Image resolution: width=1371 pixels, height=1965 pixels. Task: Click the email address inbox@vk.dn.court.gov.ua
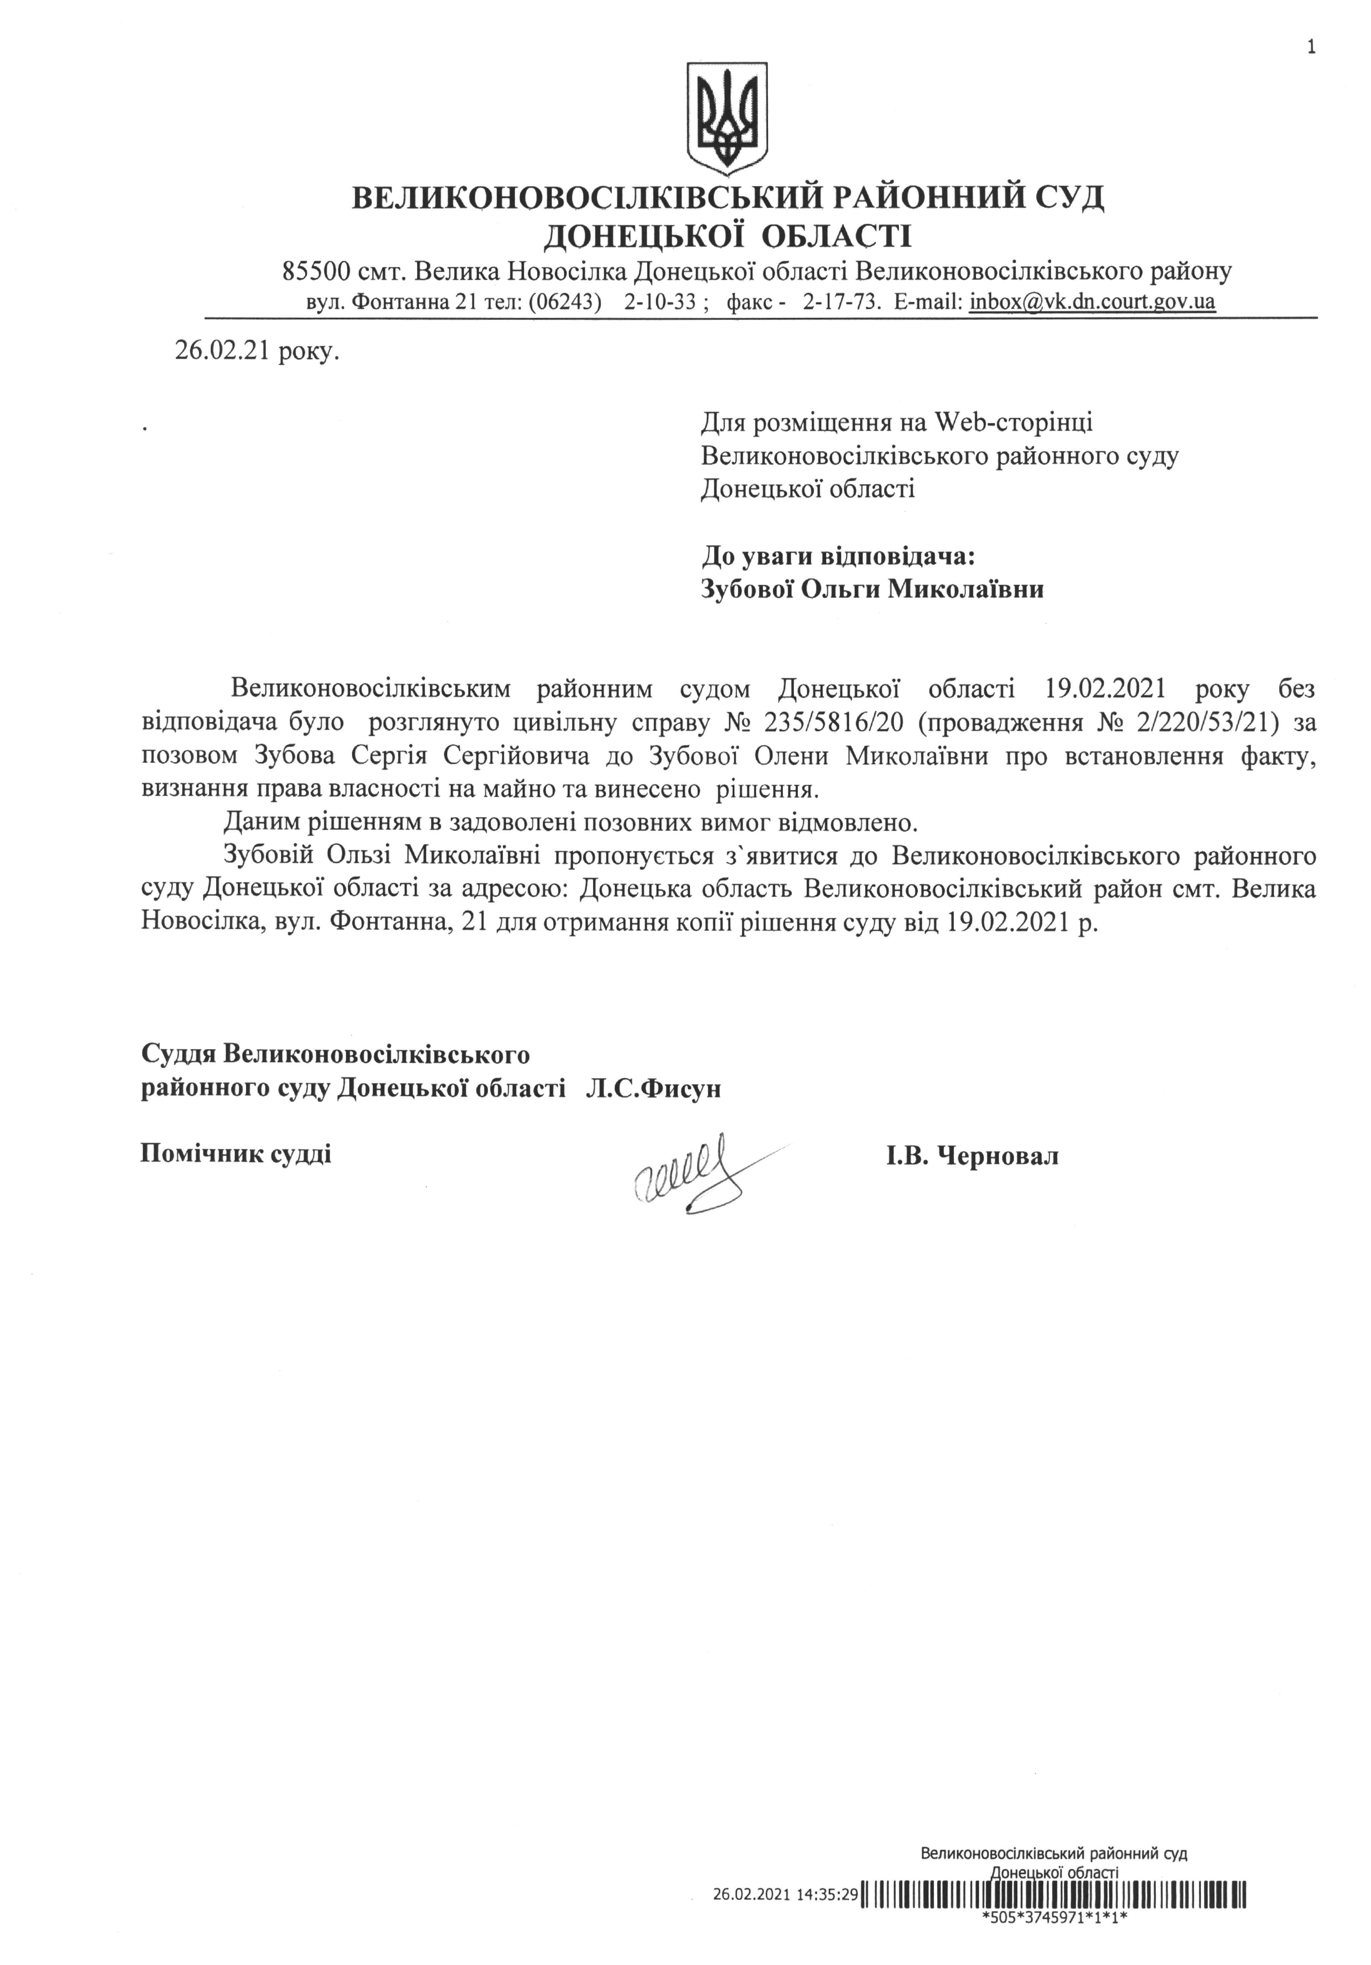(1092, 302)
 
